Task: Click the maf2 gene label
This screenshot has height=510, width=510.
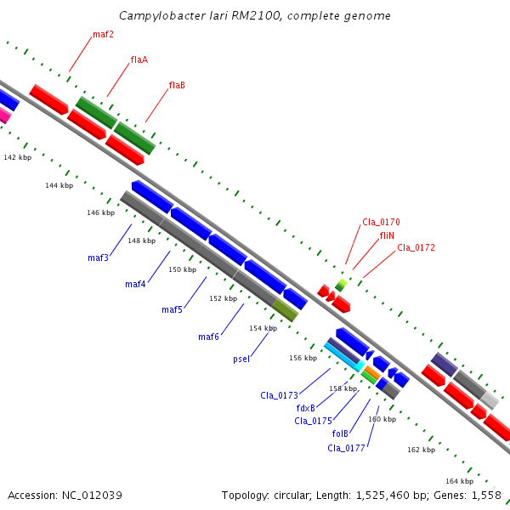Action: tap(103, 35)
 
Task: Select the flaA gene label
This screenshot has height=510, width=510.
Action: tap(139, 59)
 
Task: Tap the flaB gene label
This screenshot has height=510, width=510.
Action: tap(177, 85)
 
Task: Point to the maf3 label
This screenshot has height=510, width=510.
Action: tap(98, 258)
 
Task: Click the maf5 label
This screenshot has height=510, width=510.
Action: tap(172, 309)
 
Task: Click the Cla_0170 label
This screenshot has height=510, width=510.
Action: tap(381, 222)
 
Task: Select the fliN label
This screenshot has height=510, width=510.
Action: tap(387, 235)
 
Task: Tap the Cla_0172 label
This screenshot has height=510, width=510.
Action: tap(416, 247)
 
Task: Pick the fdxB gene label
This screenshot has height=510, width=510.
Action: tap(306, 408)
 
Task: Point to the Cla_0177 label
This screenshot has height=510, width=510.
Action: tap(346, 447)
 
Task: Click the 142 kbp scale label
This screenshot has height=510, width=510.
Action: tap(17, 157)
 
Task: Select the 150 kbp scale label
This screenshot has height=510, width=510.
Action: tap(182, 269)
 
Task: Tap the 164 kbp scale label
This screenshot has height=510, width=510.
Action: tap(459, 481)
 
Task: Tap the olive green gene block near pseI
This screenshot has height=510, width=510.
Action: tap(286, 309)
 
